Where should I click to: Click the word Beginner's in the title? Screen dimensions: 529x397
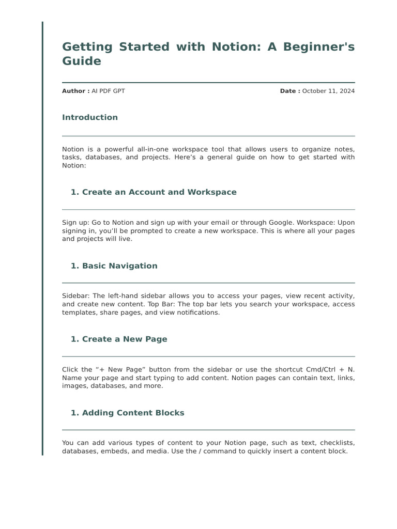pos(318,46)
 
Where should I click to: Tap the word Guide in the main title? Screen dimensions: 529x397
pos(82,61)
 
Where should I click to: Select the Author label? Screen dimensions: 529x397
pos(75,91)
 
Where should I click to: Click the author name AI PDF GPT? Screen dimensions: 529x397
pos(108,91)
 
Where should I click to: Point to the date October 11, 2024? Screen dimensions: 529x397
pos(328,91)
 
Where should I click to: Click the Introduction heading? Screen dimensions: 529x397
pos(90,117)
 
